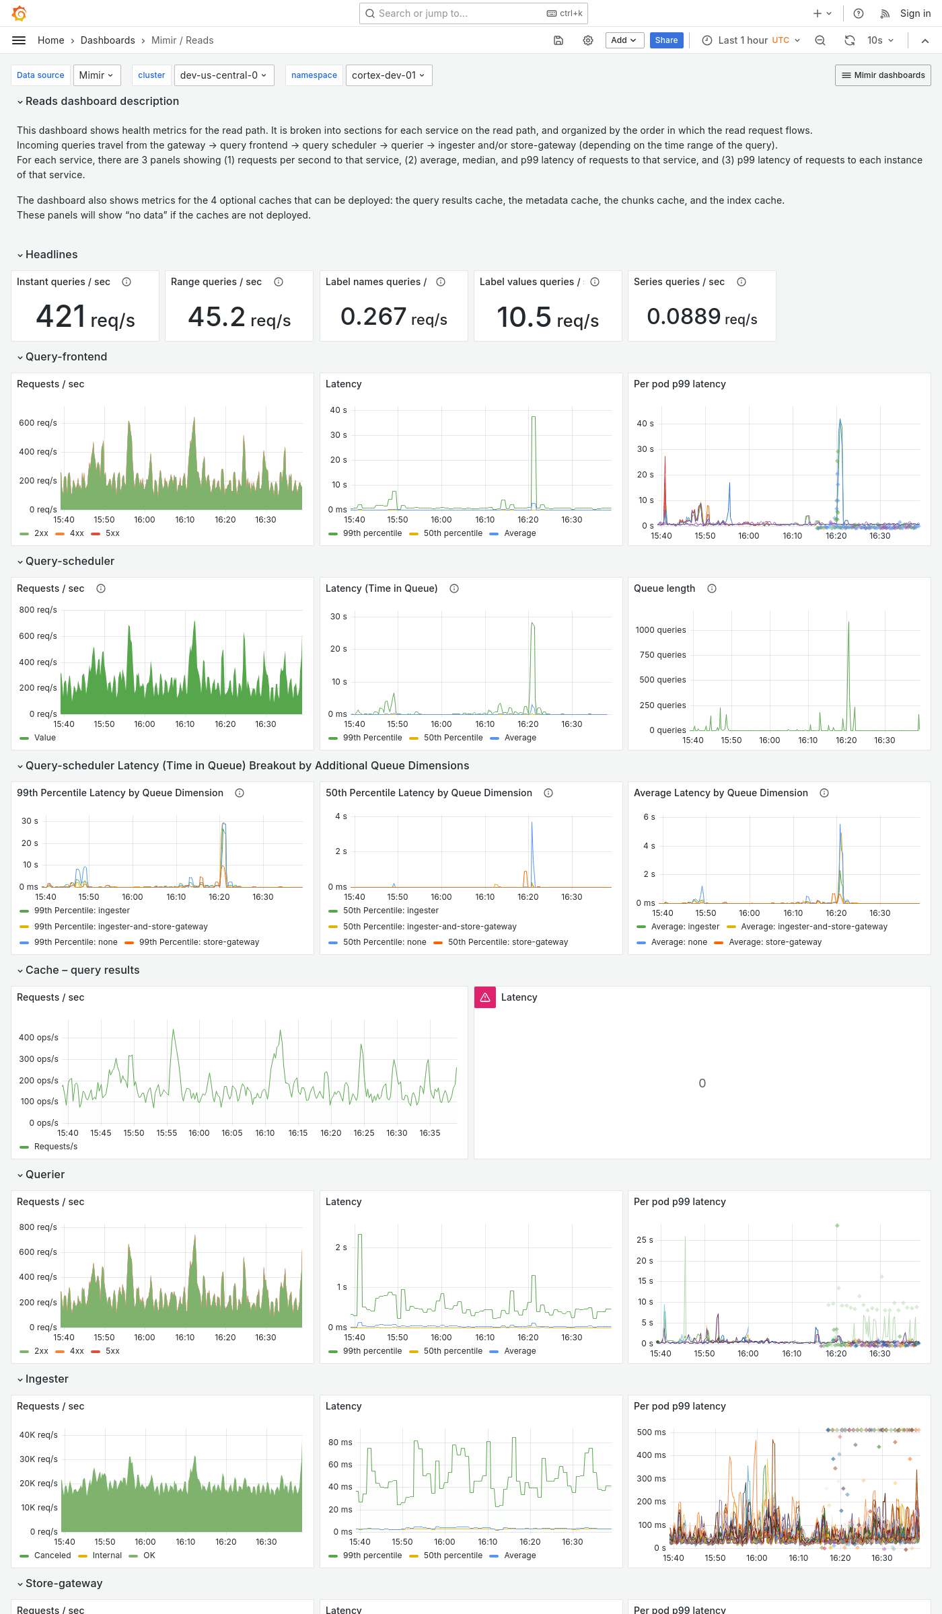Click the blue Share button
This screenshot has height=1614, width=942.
[x=666, y=40]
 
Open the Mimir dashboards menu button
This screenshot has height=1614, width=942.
[x=883, y=75]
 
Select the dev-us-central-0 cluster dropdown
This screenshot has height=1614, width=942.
[x=223, y=75]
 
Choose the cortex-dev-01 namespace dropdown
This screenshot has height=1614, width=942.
[x=388, y=75]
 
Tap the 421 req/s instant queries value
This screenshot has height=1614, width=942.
[x=85, y=317]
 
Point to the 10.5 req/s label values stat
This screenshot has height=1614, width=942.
[x=547, y=318]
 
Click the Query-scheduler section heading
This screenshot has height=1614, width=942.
[x=69, y=561]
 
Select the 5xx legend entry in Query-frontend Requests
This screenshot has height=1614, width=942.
[x=112, y=533]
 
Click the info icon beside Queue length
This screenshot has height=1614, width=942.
[x=712, y=588]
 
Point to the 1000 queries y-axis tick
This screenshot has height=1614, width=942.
[x=661, y=630]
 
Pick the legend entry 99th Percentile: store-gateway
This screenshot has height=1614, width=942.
[x=198, y=942]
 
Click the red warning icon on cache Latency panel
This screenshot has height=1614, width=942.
[x=485, y=997]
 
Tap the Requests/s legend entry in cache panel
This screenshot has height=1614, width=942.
[x=55, y=1147]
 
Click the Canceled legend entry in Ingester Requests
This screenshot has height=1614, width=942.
[x=52, y=1555]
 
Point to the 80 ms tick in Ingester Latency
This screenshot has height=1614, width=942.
[x=340, y=1443]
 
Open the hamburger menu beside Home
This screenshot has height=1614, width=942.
[x=19, y=40]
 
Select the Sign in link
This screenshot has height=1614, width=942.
[x=915, y=13]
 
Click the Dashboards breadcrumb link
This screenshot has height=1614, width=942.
[x=108, y=40]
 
